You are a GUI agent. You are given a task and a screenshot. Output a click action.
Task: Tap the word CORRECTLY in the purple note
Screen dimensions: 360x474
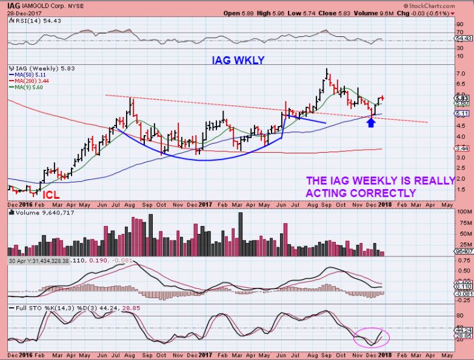(387, 193)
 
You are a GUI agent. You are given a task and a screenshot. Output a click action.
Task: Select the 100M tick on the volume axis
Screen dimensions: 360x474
(464, 212)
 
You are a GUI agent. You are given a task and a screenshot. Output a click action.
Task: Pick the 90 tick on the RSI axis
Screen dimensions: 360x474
(461, 24)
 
